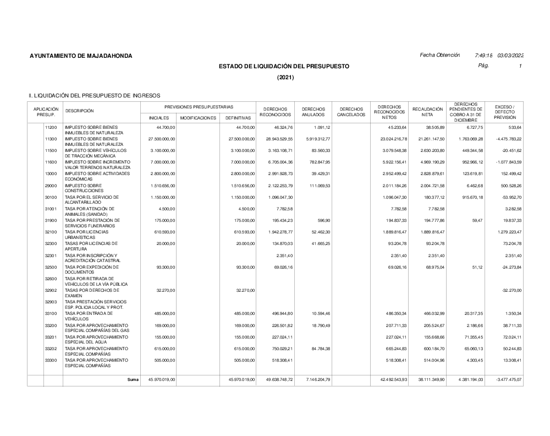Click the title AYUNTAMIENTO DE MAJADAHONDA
(x=81, y=56)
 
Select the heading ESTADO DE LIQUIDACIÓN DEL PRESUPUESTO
(x=284, y=66)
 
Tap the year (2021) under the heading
(x=285, y=77)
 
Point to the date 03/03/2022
(x=510, y=55)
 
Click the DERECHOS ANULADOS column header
(x=313, y=112)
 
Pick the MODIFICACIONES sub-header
(x=198, y=117)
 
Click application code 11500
(x=51, y=150)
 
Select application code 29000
(x=51, y=186)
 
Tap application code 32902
(x=51, y=290)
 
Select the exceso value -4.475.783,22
(x=506, y=139)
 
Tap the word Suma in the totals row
(x=133, y=379)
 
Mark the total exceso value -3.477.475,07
(x=506, y=379)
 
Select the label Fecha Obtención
(x=439, y=55)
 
